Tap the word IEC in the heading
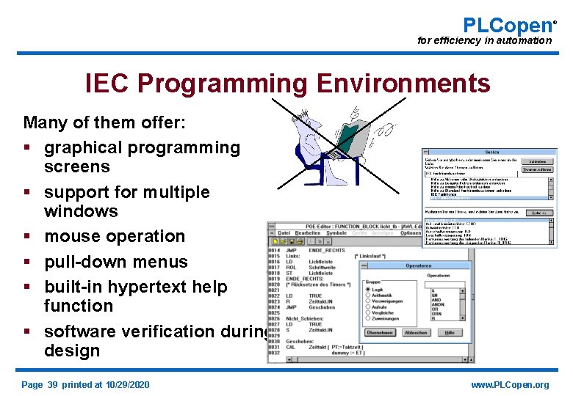[x=108, y=84]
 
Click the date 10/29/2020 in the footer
[x=127, y=385]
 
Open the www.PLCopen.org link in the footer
[x=510, y=385]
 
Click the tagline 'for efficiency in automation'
[x=484, y=41]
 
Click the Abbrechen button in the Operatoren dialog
[x=416, y=332]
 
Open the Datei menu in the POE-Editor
[x=284, y=233]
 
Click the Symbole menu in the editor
[x=336, y=233]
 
